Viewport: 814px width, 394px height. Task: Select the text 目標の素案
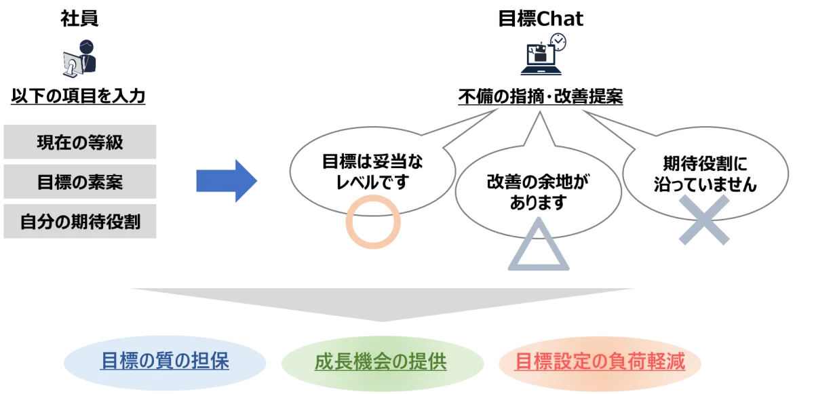tap(80, 182)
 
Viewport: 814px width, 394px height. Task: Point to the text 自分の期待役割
tap(80, 221)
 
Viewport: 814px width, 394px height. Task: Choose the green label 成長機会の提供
tap(380, 361)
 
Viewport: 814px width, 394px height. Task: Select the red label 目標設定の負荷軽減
tap(600, 361)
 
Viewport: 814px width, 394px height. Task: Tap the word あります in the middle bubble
tap(539, 203)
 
